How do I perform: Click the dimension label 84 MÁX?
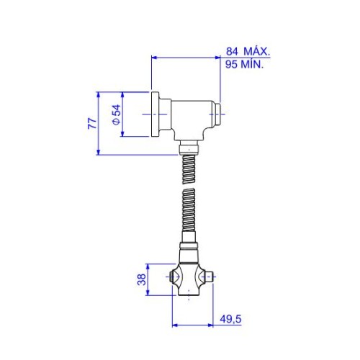click(x=248, y=52)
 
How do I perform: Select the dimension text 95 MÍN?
click(x=245, y=64)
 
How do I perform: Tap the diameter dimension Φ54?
click(x=117, y=114)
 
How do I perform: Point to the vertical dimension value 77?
click(x=92, y=123)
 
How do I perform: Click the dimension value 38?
click(x=142, y=279)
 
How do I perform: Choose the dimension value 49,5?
click(x=230, y=319)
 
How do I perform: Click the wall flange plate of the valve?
click(x=155, y=114)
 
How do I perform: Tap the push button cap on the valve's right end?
click(x=217, y=114)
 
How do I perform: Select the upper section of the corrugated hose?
click(x=189, y=169)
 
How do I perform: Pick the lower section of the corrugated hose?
click(x=189, y=210)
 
